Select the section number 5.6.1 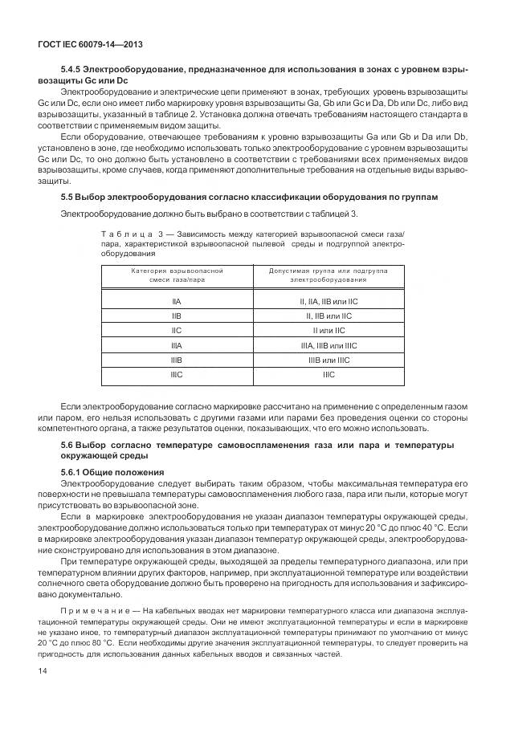pos(73,471)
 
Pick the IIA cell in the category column pos(177,301)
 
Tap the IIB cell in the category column pos(177,316)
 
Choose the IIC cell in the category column pos(177,330)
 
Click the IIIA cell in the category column pos(177,345)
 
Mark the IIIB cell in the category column pos(177,360)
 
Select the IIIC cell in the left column pos(177,374)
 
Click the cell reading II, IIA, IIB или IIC pos(328,301)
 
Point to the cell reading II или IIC pos(328,330)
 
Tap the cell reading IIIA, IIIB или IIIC pos(328,345)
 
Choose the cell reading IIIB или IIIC pos(328,360)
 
